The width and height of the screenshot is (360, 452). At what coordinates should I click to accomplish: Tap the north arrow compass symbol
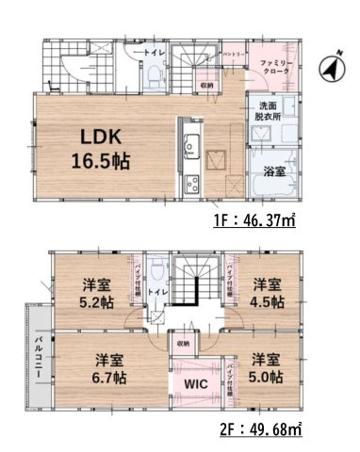coord(329,67)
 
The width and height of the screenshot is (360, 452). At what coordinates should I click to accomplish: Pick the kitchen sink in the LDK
coord(188,146)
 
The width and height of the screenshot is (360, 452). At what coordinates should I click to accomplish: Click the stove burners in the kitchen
coord(188,181)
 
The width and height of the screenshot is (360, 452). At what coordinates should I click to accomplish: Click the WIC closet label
coord(195,383)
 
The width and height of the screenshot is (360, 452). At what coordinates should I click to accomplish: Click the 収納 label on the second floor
coord(183,343)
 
